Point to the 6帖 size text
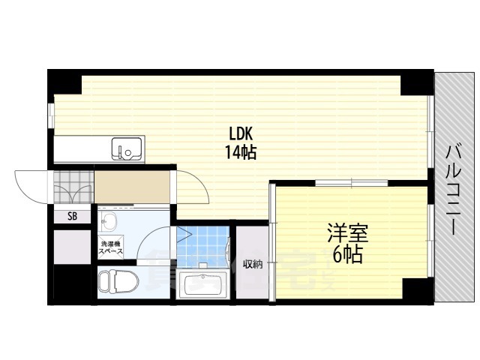click(x=346, y=255)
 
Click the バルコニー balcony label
click(x=454, y=188)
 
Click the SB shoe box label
click(x=72, y=217)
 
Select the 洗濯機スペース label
click(x=110, y=247)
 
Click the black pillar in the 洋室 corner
click(x=414, y=288)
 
